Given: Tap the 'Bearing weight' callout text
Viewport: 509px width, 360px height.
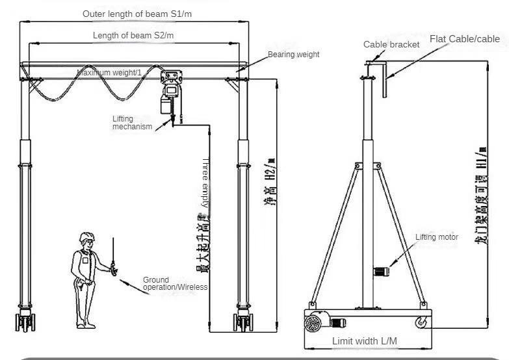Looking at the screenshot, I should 294,55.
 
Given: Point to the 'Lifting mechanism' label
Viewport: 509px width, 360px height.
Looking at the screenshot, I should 132,123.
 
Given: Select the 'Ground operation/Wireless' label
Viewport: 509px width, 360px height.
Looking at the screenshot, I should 175,283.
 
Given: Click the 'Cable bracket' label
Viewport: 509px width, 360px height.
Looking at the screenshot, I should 392,44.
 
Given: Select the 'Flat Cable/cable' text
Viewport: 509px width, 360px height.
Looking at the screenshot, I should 465,39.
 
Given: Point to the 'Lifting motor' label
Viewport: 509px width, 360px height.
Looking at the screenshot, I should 437,237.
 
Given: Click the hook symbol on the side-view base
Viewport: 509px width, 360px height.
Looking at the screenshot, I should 421,320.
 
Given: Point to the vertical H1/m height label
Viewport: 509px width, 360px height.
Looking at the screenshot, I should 483,196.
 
